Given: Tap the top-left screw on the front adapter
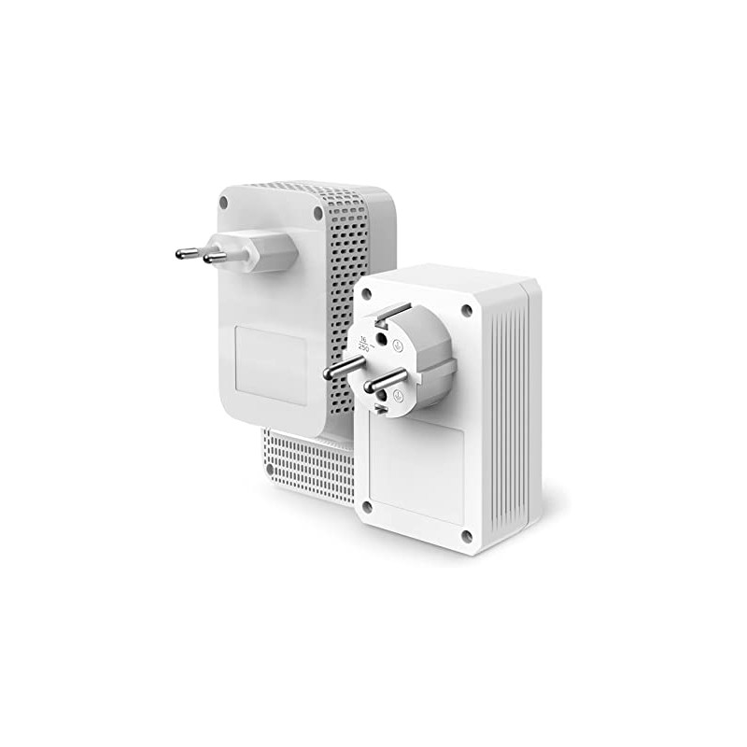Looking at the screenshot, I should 366,293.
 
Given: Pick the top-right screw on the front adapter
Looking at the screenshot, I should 466,310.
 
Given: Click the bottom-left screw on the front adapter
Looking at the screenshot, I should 367,507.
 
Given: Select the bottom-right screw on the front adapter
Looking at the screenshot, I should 466,535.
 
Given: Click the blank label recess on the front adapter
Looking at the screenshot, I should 416,472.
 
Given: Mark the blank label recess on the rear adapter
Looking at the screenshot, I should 271,364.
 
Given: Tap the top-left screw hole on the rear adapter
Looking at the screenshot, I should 224,200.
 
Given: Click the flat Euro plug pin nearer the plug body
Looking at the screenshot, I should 217,257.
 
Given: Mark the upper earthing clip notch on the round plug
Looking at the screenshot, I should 393,313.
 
